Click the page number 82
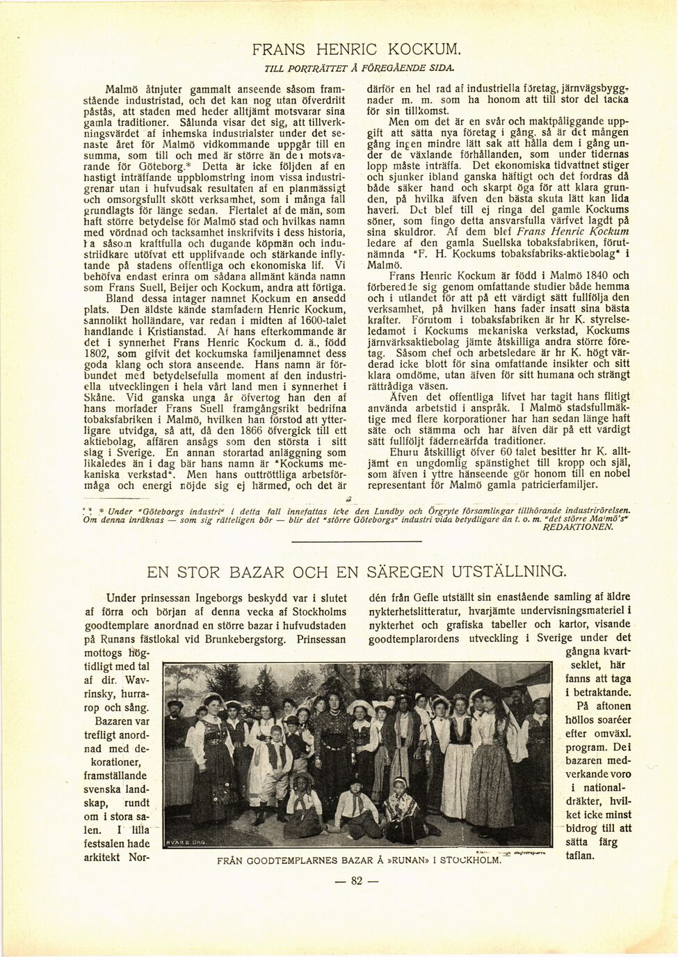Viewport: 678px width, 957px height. tap(357, 880)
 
